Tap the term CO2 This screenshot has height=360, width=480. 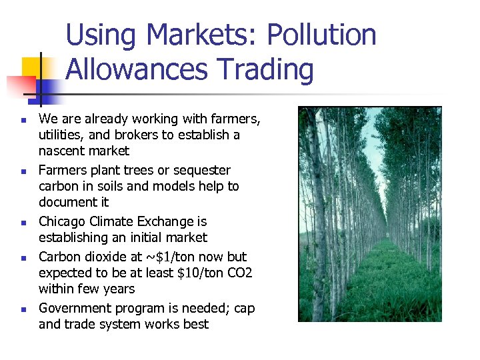point(239,273)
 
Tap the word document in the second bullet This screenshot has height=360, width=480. point(66,203)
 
